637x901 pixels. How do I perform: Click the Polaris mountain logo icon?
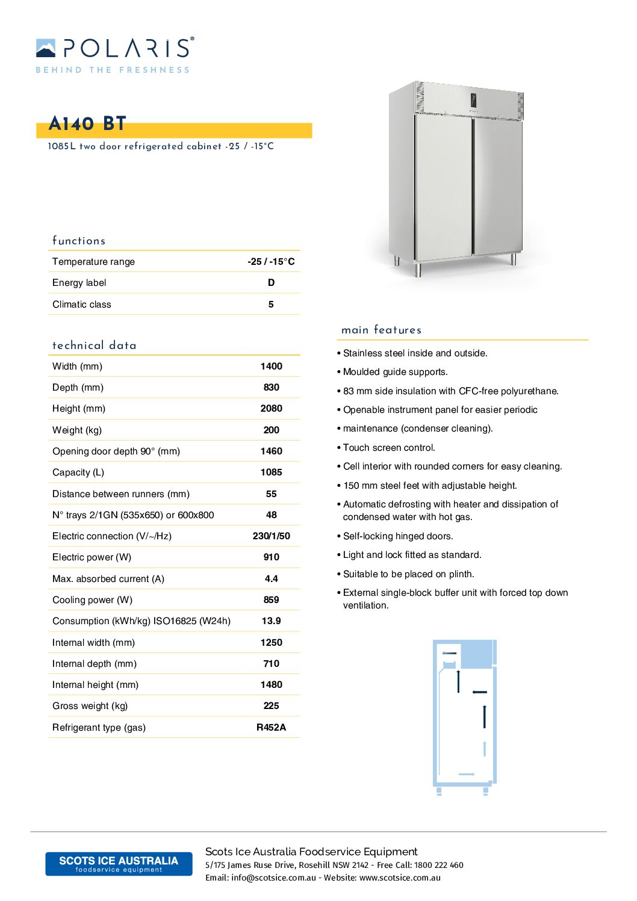(x=46, y=48)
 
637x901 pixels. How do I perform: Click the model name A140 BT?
(x=87, y=124)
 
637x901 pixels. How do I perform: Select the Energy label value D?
(x=271, y=283)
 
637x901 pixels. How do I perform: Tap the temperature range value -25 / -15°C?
(x=271, y=262)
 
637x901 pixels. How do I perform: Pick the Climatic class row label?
(x=82, y=305)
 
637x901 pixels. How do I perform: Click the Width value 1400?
(x=271, y=367)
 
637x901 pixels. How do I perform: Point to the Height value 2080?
(x=271, y=409)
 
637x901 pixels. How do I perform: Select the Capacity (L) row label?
(x=78, y=472)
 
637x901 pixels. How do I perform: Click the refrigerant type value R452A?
(x=271, y=728)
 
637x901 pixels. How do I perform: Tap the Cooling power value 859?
(x=271, y=600)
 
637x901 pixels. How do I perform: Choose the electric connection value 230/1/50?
(x=271, y=536)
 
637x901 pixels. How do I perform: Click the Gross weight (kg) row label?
(x=90, y=706)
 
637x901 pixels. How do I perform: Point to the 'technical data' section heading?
(x=95, y=345)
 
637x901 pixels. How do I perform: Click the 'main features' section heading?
(x=381, y=330)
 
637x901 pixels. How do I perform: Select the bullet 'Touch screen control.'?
(x=389, y=448)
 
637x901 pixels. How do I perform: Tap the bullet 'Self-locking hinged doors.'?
(x=398, y=536)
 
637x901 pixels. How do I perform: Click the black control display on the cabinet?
(x=473, y=102)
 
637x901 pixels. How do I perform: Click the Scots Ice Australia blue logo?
(x=119, y=864)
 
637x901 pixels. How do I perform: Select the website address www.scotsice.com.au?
(x=400, y=878)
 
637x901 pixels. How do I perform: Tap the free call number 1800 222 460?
(x=438, y=865)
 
